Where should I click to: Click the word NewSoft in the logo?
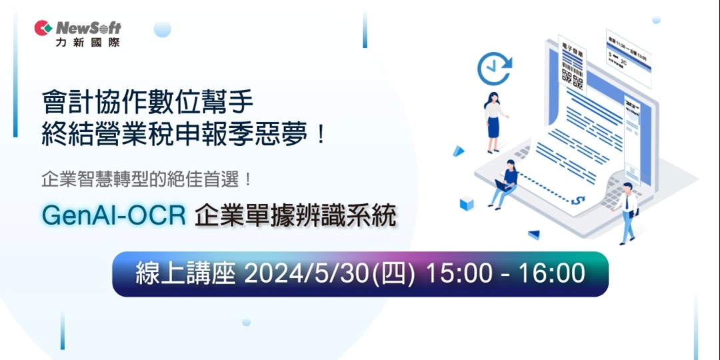tap(89, 28)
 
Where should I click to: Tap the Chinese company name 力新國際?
tap(88, 42)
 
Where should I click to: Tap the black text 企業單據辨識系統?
tap(295, 215)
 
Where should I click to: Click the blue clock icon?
tap(494, 69)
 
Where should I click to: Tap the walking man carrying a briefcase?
tap(627, 212)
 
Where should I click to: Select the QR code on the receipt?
tap(572, 78)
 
